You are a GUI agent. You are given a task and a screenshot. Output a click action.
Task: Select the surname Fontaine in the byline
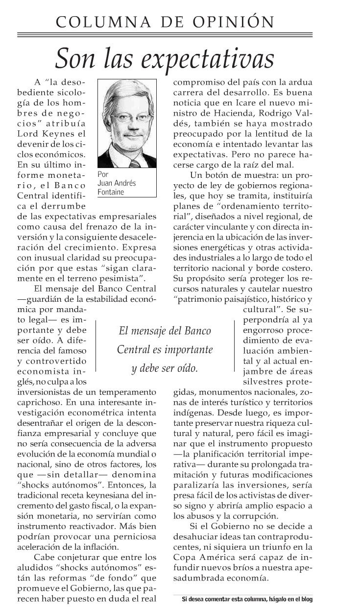click(x=111, y=193)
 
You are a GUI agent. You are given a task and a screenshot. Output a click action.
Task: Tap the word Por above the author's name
click(x=102, y=174)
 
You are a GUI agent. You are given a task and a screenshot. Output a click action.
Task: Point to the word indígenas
click(x=192, y=413)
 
